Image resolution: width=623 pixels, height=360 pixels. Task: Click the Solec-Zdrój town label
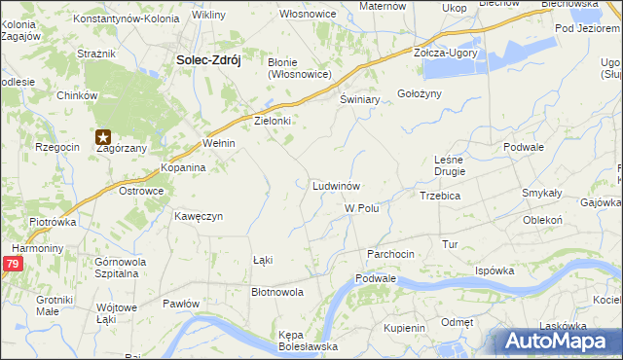208,59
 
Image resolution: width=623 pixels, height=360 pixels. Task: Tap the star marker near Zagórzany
103,138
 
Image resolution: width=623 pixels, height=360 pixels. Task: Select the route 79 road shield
12,263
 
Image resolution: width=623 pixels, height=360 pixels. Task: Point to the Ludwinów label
337,185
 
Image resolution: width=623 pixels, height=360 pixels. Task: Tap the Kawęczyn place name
200,216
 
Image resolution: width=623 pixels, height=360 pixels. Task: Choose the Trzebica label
439,196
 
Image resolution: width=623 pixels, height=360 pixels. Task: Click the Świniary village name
358,100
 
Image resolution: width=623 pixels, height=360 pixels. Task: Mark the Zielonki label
273,122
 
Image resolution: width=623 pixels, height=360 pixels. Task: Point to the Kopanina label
183,167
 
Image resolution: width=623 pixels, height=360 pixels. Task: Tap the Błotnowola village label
277,291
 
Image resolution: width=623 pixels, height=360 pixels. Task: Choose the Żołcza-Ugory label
446,53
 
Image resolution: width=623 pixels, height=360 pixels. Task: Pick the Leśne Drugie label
450,164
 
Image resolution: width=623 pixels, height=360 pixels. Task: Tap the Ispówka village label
494,270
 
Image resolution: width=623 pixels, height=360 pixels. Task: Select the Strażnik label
95,55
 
